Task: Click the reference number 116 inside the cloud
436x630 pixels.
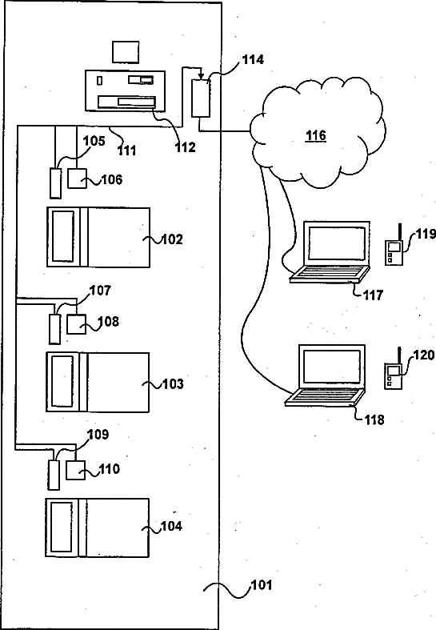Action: (x=316, y=135)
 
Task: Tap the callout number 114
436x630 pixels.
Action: (x=253, y=59)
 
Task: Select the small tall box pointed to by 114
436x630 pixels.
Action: (x=200, y=98)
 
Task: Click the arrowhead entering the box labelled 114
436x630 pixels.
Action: (x=201, y=77)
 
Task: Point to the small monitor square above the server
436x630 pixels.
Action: (x=126, y=52)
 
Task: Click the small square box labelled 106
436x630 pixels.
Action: (x=77, y=178)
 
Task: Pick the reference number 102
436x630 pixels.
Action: (x=172, y=239)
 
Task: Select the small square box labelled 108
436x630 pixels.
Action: (x=76, y=324)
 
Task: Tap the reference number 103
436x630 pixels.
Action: (x=173, y=384)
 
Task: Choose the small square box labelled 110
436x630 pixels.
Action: (x=75, y=470)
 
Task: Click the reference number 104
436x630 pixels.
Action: (x=171, y=527)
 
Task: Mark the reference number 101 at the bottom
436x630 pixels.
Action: (x=262, y=585)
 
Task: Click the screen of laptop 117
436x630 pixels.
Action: (x=337, y=243)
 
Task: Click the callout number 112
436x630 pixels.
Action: (x=185, y=147)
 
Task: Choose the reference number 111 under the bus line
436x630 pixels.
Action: (x=127, y=150)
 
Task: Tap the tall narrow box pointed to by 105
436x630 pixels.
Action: (x=55, y=183)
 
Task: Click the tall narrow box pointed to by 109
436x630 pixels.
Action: (x=54, y=476)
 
